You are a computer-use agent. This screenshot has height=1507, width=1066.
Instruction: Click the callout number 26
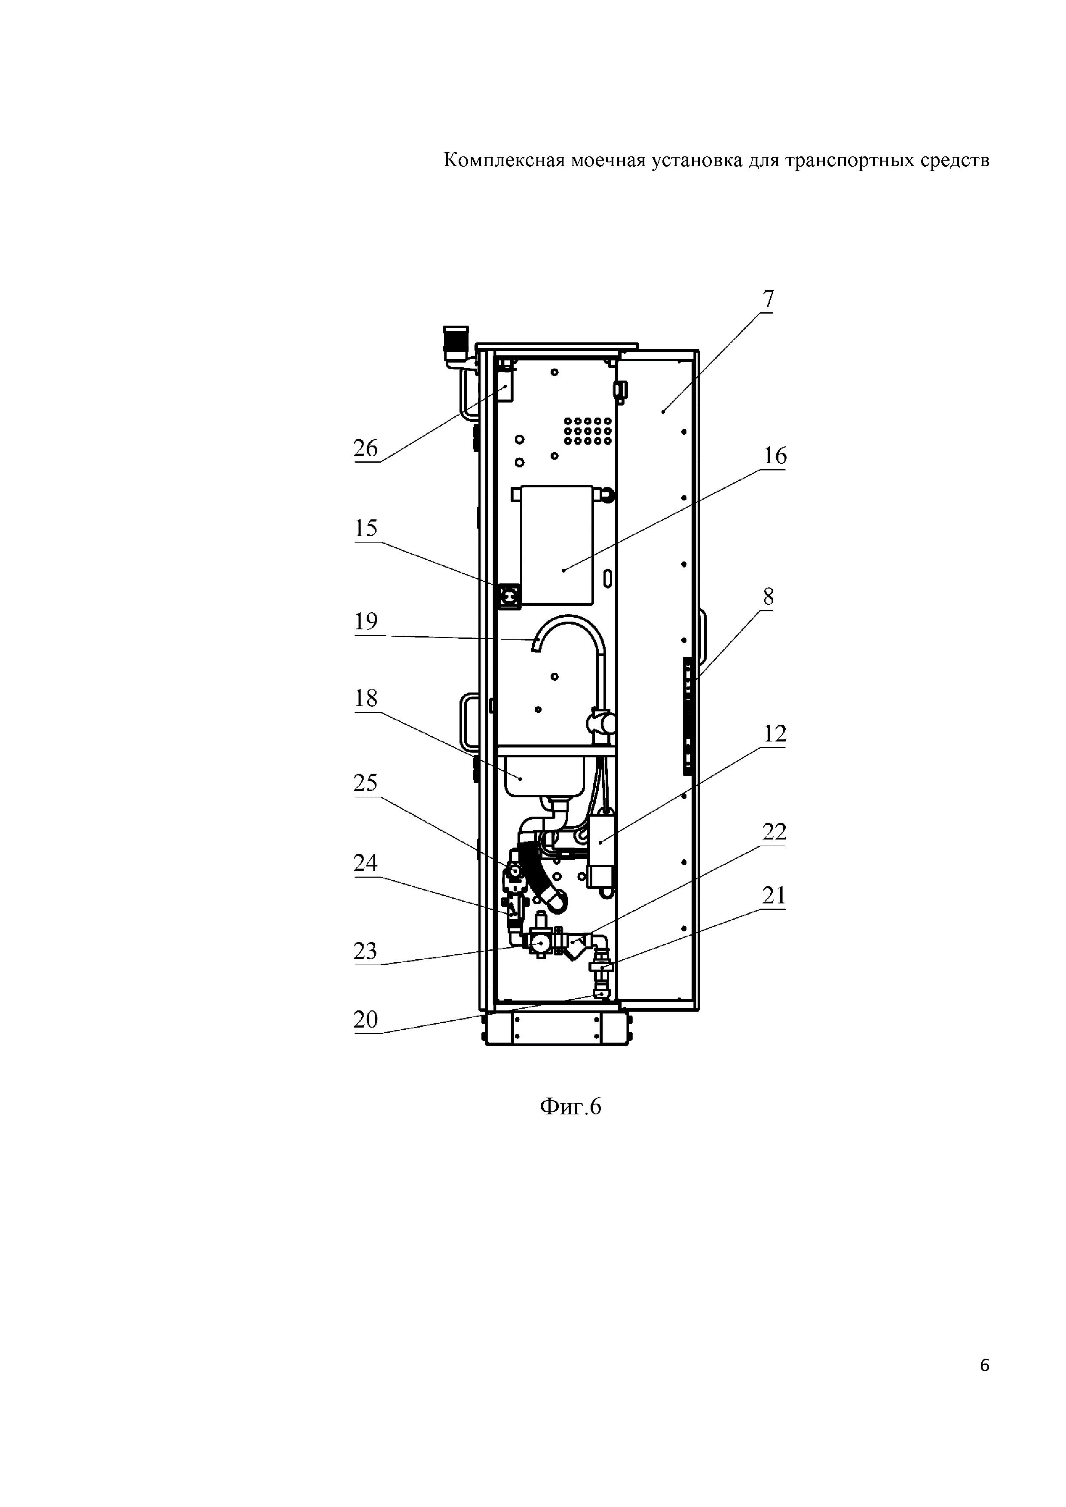pos(366,448)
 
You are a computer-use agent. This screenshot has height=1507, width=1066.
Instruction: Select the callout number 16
pos(775,455)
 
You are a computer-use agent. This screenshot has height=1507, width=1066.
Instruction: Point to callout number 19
pos(366,621)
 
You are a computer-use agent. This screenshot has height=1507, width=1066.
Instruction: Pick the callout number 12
pos(775,734)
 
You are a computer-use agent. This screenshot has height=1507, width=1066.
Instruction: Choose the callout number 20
pos(366,1019)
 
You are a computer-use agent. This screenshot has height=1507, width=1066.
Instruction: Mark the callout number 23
pos(366,950)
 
